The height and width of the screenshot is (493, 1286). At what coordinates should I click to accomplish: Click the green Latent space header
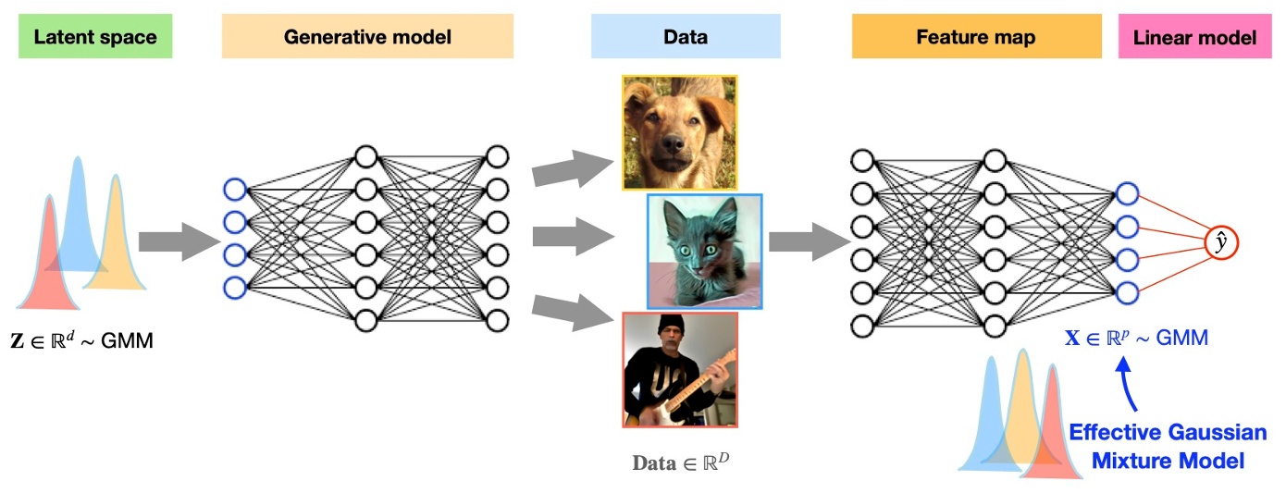click(x=95, y=37)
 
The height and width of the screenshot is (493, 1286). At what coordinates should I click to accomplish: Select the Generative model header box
click(x=367, y=37)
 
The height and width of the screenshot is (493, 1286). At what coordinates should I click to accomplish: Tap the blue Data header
click(x=686, y=37)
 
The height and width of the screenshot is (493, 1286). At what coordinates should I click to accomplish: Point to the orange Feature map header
click(x=976, y=37)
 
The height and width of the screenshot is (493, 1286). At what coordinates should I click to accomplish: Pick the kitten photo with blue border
click(x=705, y=252)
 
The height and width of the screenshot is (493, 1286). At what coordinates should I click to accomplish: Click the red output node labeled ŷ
click(x=1221, y=242)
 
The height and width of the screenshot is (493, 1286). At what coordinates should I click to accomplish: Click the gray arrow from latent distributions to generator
click(x=176, y=241)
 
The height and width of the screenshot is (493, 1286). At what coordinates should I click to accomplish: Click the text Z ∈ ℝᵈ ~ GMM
click(x=82, y=341)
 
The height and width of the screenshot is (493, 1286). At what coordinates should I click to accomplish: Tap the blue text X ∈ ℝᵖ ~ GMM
click(x=1136, y=339)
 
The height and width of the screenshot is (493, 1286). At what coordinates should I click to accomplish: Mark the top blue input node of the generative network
click(x=235, y=190)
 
